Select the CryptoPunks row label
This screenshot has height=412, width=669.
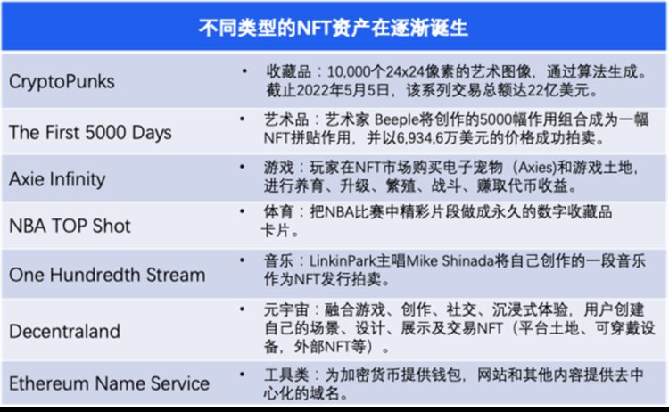coord(62,81)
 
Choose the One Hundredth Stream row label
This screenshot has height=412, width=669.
coord(107,274)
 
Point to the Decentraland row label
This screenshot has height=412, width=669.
coord(64,331)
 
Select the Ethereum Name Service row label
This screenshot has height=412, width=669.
coord(109,384)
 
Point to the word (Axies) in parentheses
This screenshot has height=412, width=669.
coord(529,169)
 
